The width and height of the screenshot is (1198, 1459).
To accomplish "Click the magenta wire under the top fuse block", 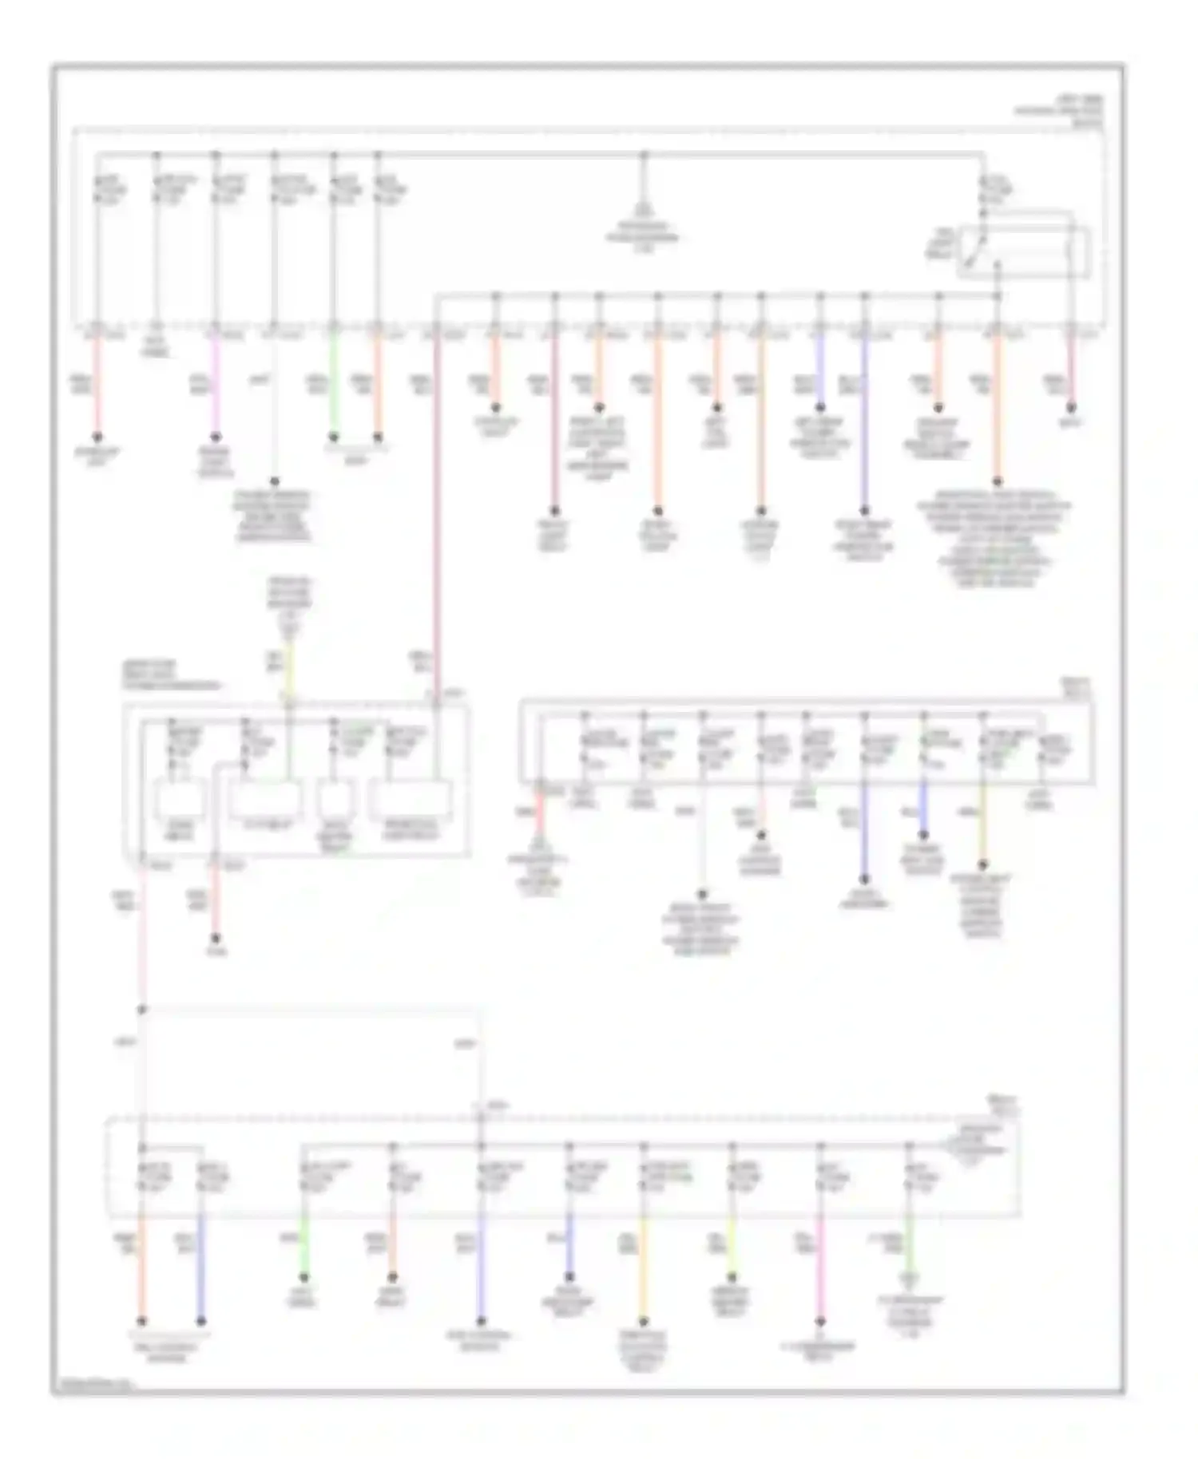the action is point(215,383).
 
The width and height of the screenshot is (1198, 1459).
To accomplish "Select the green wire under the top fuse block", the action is point(334,383).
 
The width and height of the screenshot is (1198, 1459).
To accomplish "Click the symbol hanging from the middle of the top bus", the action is point(644,209).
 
